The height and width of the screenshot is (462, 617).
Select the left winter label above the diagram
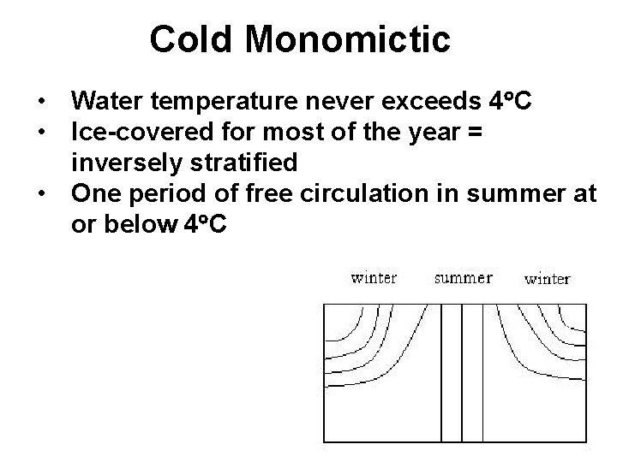tap(374, 278)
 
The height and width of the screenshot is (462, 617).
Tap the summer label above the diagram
tap(464, 278)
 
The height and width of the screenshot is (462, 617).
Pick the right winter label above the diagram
tap(547, 279)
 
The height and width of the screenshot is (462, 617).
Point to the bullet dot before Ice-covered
tap(41, 133)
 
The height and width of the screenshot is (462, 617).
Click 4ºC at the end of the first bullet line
tap(512, 104)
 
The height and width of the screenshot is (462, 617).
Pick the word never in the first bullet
tap(333, 104)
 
